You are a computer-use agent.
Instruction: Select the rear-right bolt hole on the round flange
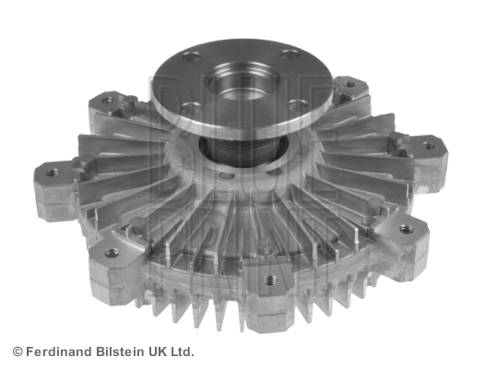[x=289, y=53]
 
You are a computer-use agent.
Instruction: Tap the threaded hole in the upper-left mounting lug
[x=107, y=99]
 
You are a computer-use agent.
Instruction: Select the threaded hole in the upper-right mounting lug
[x=349, y=84]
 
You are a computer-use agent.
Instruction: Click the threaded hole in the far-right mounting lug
[x=429, y=145]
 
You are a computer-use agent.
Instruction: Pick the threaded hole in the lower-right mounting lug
[x=406, y=228]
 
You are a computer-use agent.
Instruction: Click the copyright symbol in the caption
[x=17, y=351]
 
